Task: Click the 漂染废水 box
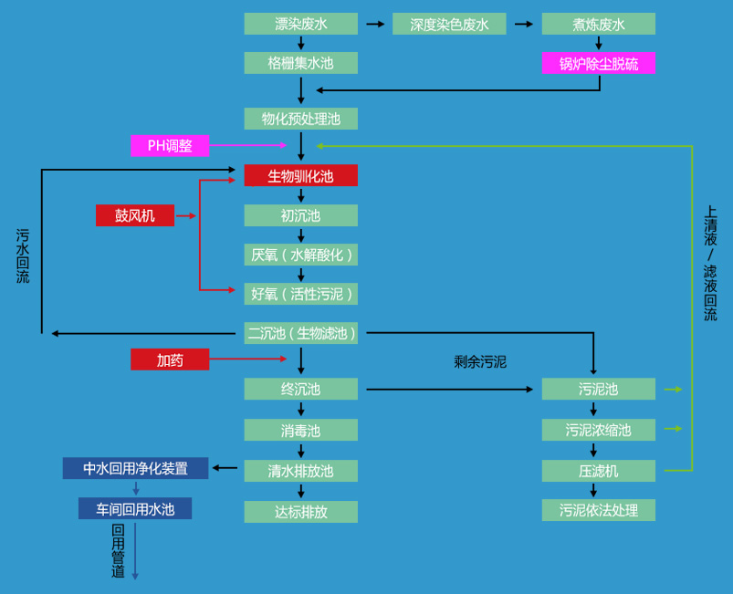tap(300, 24)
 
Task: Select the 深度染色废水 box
tap(449, 24)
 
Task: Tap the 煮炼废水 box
tap(598, 24)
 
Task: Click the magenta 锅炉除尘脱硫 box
tap(598, 63)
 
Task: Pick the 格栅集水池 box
tap(300, 63)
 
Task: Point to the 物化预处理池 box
tap(300, 119)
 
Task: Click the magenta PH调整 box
tap(170, 145)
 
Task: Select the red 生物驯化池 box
tap(300, 175)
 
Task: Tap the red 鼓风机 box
tap(135, 215)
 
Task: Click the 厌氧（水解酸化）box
tap(300, 255)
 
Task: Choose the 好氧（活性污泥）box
tap(300, 294)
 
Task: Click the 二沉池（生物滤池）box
tap(300, 333)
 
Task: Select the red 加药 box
tap(170, 360)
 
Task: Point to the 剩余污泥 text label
tap(480, 361)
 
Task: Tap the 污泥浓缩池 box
tap(598, 429)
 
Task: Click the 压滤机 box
tap(598, 471)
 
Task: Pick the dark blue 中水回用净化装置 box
tap(135, 468)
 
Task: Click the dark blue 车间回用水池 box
tap(135, 508)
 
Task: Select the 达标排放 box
tap(300, 511)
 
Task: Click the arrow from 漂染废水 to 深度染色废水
tap(375, 24)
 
